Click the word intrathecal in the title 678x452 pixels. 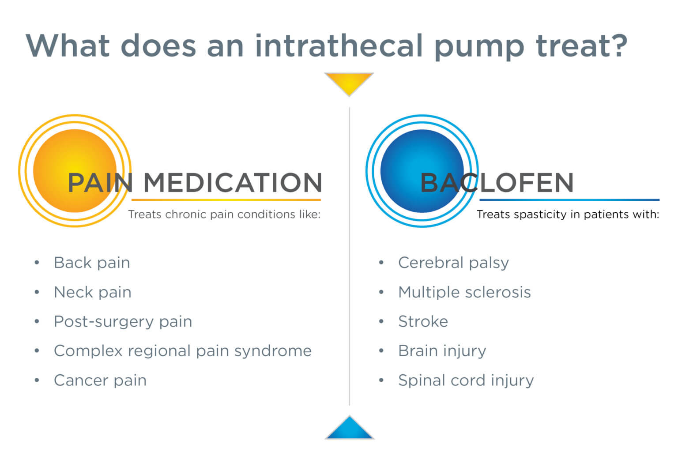coord(339,45)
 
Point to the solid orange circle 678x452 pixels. coord(75,170)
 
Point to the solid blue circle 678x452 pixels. coord(422,170)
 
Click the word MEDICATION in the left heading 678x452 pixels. coord(233,182)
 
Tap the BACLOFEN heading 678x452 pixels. coord(497,182)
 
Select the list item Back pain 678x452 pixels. coord(92,263)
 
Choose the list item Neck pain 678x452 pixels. coord(92,292)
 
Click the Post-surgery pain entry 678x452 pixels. coord(123,321)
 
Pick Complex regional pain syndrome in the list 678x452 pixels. coord(182,351)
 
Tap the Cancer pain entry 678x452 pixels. coord(100,380)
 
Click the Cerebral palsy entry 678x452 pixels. coord(453,263)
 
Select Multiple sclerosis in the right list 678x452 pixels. coord(464,292)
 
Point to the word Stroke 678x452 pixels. coord(423,321)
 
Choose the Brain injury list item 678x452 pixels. coord(442,351)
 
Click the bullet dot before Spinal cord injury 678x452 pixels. coord(381,380)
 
